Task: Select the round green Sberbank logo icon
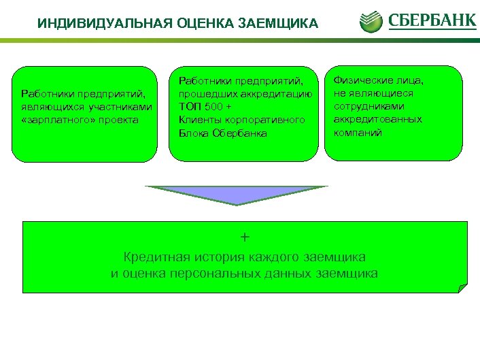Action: (x=371, y=20)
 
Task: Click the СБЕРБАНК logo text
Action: (x=432, y=20)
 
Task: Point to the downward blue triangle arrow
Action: (x=236, y=195)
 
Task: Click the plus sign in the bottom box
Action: (x=245, y=237)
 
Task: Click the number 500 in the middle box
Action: (x=213, y=107)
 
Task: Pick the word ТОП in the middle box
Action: (x=189, y=107)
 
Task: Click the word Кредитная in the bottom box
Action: (x=153, y=257)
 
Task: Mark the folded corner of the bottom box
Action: (x=462, y=288)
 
